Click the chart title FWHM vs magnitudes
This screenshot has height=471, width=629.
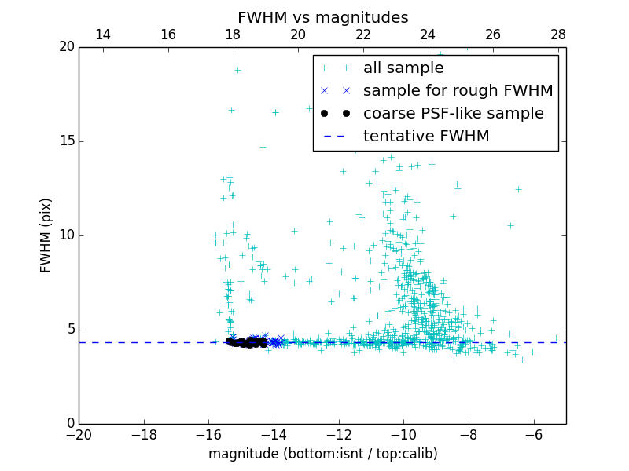(322, 17)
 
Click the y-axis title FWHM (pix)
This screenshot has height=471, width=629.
(46, 235)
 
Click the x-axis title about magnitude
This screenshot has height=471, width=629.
(322, 454)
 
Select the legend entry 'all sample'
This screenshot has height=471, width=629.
(403, 68)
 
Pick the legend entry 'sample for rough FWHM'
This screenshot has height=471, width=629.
(458, 91)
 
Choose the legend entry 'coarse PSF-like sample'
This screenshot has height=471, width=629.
(453, 114)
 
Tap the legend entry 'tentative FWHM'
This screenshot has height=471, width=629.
(426, 137)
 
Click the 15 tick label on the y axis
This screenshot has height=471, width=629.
(66, 141)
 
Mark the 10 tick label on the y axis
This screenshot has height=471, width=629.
(66, 235)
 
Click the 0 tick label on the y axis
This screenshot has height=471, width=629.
(70, 424)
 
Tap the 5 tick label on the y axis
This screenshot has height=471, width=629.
(70, 330)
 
